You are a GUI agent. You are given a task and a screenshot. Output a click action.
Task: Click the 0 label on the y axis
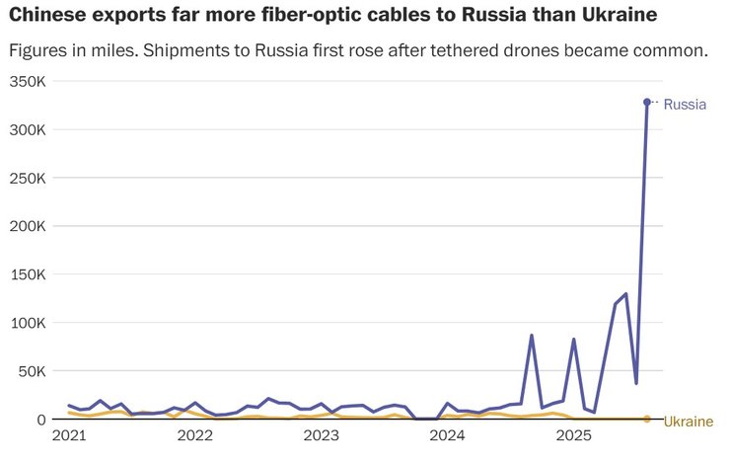point(41,420)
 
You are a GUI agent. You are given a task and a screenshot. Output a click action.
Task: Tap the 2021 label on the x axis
point(69,435)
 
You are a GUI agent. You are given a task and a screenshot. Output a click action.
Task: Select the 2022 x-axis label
point(195,435)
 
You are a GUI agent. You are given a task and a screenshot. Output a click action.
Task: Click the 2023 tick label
point(322,435)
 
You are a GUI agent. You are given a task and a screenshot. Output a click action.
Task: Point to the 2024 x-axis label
point(448,435)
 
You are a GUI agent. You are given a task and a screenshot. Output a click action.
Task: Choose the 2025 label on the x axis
point(574,435)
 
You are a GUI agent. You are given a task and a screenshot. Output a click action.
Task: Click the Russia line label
point(685,104)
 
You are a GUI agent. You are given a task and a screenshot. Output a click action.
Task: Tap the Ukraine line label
point(688,422)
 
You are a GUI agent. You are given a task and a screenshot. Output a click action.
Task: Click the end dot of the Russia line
point(647,102)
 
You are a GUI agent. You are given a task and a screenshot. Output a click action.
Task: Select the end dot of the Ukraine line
point(647,419)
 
